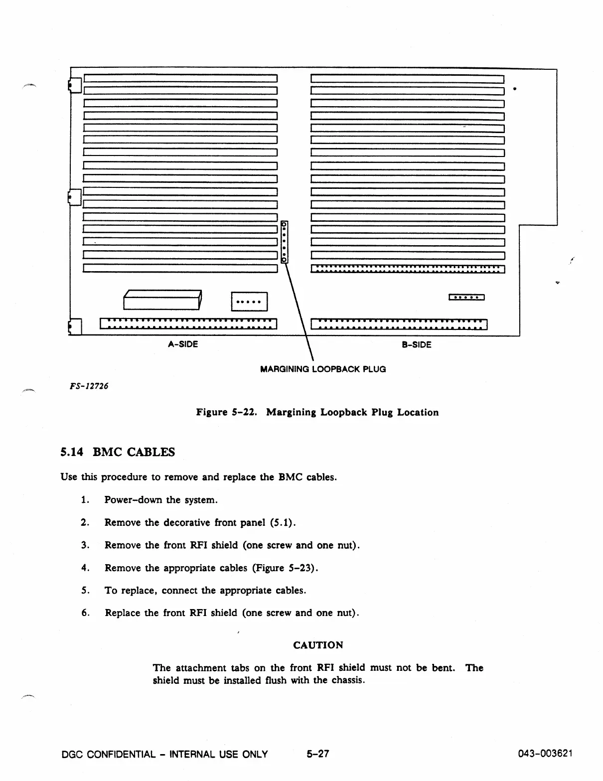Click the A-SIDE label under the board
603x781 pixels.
[x=183, y=344]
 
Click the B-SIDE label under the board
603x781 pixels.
[x=416, y=344]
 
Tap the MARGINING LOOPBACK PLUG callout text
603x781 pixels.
[x=323, y=369]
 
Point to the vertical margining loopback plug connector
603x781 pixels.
[x=285, y=242]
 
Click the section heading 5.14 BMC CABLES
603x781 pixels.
[x=118, y=452]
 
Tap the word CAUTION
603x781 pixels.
[x=318, y=645]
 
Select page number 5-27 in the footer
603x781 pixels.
[x=318, y=754]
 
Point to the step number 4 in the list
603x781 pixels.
[x=84, y=568]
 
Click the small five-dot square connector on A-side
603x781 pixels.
[x=249, y=302]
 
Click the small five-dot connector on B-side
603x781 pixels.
[x=466, y=298]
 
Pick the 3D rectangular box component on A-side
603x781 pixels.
[x=162, y=300]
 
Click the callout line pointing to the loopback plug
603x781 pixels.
[x=299, y=309]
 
